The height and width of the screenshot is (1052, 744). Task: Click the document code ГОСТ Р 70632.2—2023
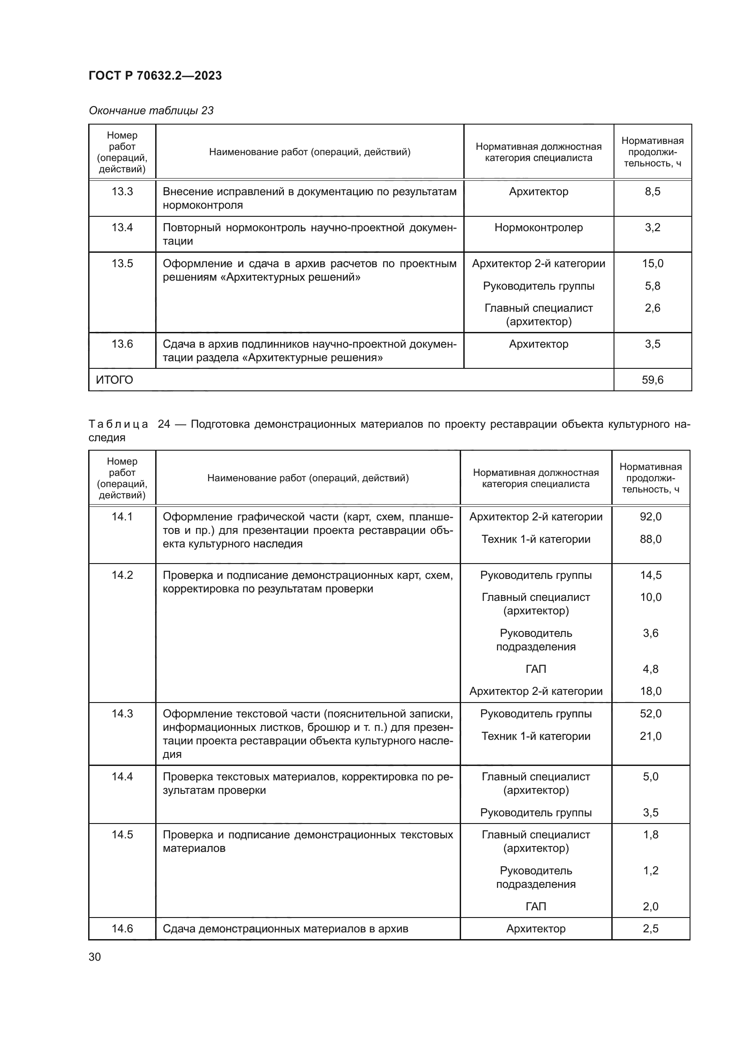tap(155, 76)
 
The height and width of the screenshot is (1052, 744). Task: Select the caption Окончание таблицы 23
tap(151, 111)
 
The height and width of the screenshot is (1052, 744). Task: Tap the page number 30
tap(95, 957)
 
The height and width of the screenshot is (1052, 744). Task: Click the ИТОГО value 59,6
tap(652, 380)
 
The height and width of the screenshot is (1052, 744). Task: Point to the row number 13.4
tap(122, 227)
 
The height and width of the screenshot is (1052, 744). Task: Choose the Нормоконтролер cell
tap(538, 227)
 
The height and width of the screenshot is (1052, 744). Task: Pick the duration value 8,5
tap(652, 192)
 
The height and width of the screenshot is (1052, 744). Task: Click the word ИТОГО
tap(114, 380)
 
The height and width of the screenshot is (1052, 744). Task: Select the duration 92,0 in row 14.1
tap(650, 517)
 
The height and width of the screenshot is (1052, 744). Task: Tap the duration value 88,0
tap(650, 539)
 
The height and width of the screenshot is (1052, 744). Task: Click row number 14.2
tap(122, 575)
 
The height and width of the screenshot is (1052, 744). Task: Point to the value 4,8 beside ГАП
tap(650, 669)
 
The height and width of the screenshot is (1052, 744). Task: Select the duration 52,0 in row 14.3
tap(650, 714)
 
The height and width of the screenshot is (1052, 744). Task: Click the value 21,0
tap(650, 736)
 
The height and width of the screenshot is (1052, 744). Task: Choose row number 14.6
tap(122, 929)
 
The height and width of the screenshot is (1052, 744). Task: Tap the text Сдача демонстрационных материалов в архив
tap(286, 929)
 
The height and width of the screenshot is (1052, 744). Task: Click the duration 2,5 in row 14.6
tap(650, 929)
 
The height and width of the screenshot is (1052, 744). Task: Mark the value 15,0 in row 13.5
tap(652, 264)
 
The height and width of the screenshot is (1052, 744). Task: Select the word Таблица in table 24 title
tap(118, 424)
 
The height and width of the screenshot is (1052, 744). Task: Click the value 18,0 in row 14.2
tap(650, 691)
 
